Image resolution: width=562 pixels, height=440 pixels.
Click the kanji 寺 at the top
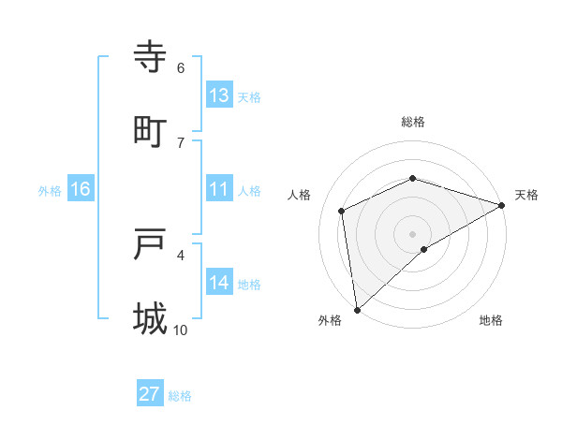coord(151,57)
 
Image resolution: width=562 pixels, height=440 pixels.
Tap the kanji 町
coord(151,130)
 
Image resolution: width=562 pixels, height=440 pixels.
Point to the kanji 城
coord(151,318)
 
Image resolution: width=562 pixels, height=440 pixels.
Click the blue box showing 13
coord(219,95)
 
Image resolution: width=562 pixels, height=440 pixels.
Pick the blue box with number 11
coord(219,189)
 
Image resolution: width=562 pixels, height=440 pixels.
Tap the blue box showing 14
coord(219,282)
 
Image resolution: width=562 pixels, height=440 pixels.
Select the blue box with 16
coord(81,189)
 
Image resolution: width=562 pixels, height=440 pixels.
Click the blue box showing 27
coord(150,394)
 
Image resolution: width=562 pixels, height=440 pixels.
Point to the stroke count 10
coord(181,330)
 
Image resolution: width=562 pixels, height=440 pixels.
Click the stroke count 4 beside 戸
coord(181,254)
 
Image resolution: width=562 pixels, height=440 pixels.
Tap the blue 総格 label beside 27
coord(181,396)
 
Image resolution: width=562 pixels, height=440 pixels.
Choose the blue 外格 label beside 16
coord(50,190)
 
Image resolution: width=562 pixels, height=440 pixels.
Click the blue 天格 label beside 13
coord(249,96)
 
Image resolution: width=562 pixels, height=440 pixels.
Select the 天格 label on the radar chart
coord(526,195)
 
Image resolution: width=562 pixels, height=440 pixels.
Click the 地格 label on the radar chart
coord(491,320)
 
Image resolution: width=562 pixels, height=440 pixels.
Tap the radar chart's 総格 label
coord(413,122)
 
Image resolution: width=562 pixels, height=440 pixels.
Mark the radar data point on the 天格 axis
coord(501,205)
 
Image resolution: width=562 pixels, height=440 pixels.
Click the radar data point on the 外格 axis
coord(357,310)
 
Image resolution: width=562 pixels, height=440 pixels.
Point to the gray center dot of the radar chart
coord(412,233)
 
